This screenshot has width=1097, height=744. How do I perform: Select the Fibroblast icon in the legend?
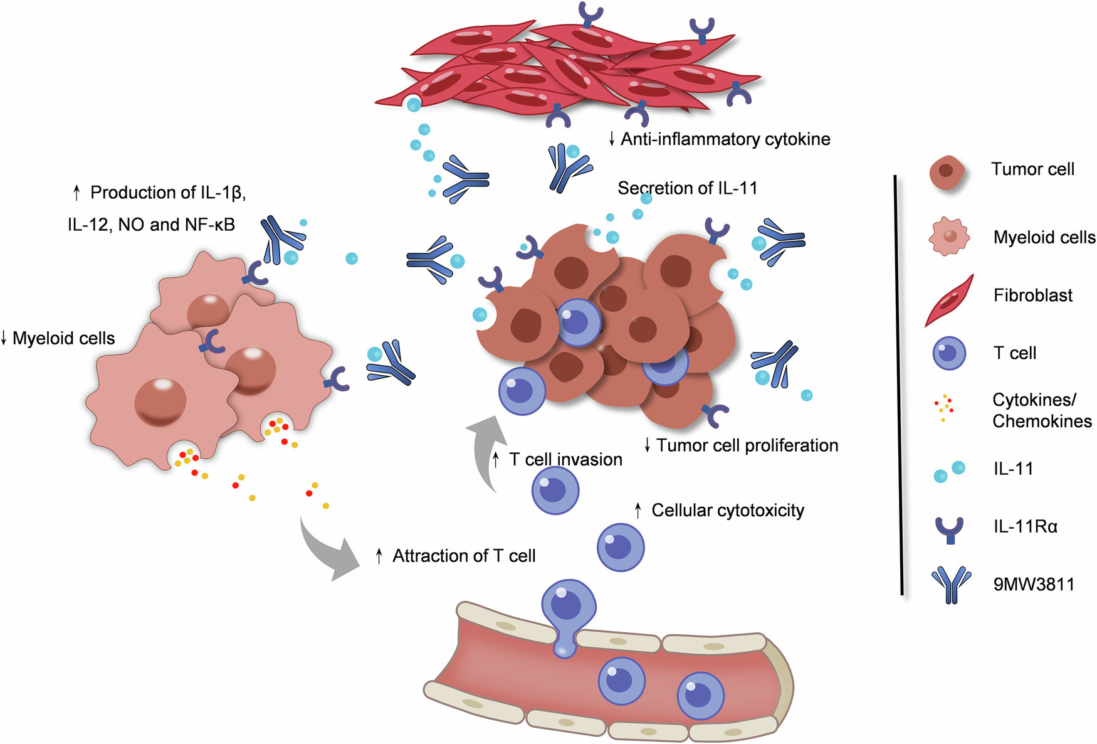[950, 300]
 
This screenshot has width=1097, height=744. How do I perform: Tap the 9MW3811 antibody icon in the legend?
[951, 584]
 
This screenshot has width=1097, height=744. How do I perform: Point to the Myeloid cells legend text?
[1044, 237]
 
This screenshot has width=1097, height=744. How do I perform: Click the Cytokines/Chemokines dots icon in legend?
[944, 408]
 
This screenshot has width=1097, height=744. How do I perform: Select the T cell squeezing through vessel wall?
[568, 612]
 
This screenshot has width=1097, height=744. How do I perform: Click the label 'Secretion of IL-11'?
[687, 188]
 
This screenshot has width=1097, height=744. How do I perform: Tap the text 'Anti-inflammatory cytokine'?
[725, 139]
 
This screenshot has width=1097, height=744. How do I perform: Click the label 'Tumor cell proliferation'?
[746, 445]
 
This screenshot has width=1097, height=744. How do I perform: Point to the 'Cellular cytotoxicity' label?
[727, 511]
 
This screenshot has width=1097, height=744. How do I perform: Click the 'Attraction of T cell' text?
[463, 556]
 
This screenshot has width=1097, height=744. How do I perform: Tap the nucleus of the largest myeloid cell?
[160, 402]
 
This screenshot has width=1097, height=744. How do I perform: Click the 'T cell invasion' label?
[565, 460]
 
